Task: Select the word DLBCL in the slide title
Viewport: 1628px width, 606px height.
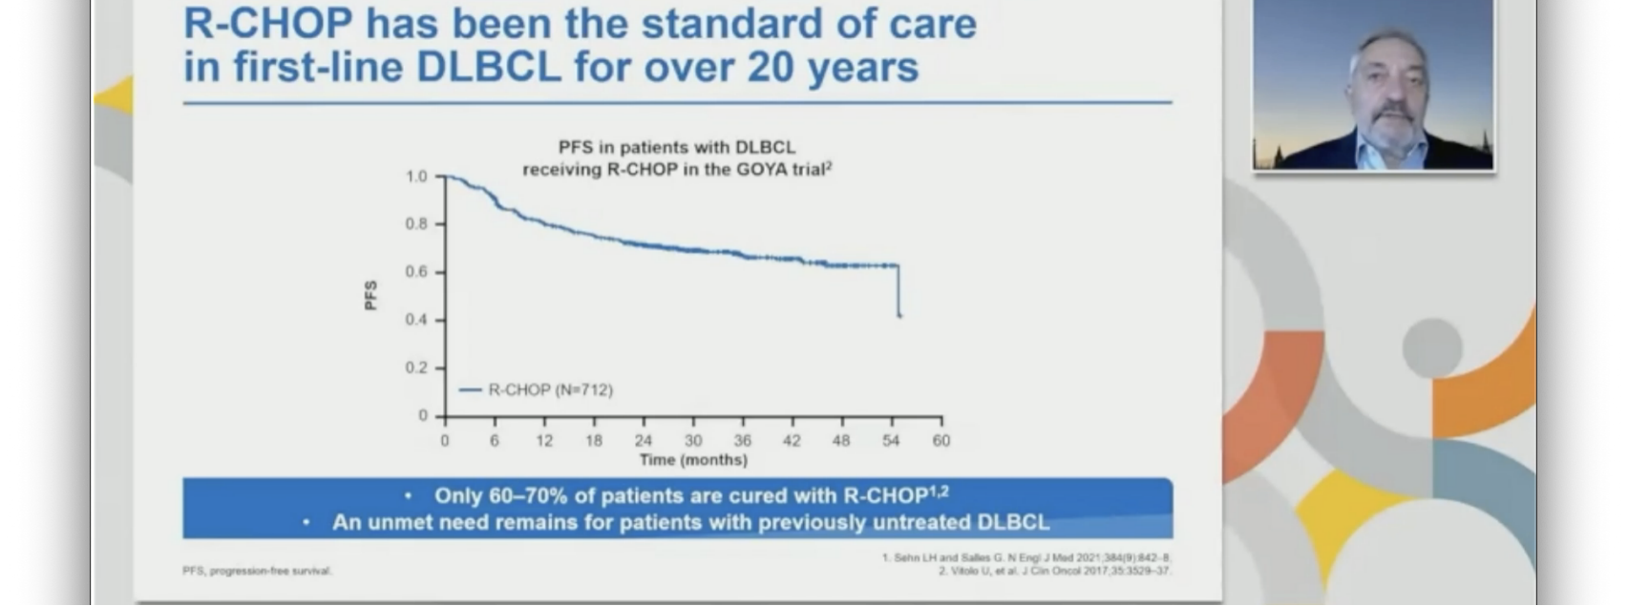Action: [x=488, y=67]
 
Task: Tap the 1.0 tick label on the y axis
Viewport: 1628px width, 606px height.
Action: [x=416, y=177]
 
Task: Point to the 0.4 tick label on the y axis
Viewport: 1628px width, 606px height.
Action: [x=416, y=320]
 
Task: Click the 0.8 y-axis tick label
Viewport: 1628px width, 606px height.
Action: [x=416, y=224]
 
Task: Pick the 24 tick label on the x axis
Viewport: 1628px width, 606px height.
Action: [x=644, y=441]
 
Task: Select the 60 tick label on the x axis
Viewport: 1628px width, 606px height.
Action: [x=941, y=441]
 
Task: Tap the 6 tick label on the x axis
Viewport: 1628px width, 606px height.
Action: [x=495, y=441]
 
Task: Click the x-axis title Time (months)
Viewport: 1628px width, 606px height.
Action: [x=693, y=460]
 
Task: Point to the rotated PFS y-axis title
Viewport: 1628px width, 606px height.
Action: [x=370, y=296]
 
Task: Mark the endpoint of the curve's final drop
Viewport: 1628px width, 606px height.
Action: [x=899, y=316]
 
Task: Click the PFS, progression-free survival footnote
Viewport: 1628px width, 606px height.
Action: [x=257, y=571]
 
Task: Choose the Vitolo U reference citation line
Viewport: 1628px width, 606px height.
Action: [x=1054, y=571]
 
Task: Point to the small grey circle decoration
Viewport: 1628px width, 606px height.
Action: [x=1431, y=348]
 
